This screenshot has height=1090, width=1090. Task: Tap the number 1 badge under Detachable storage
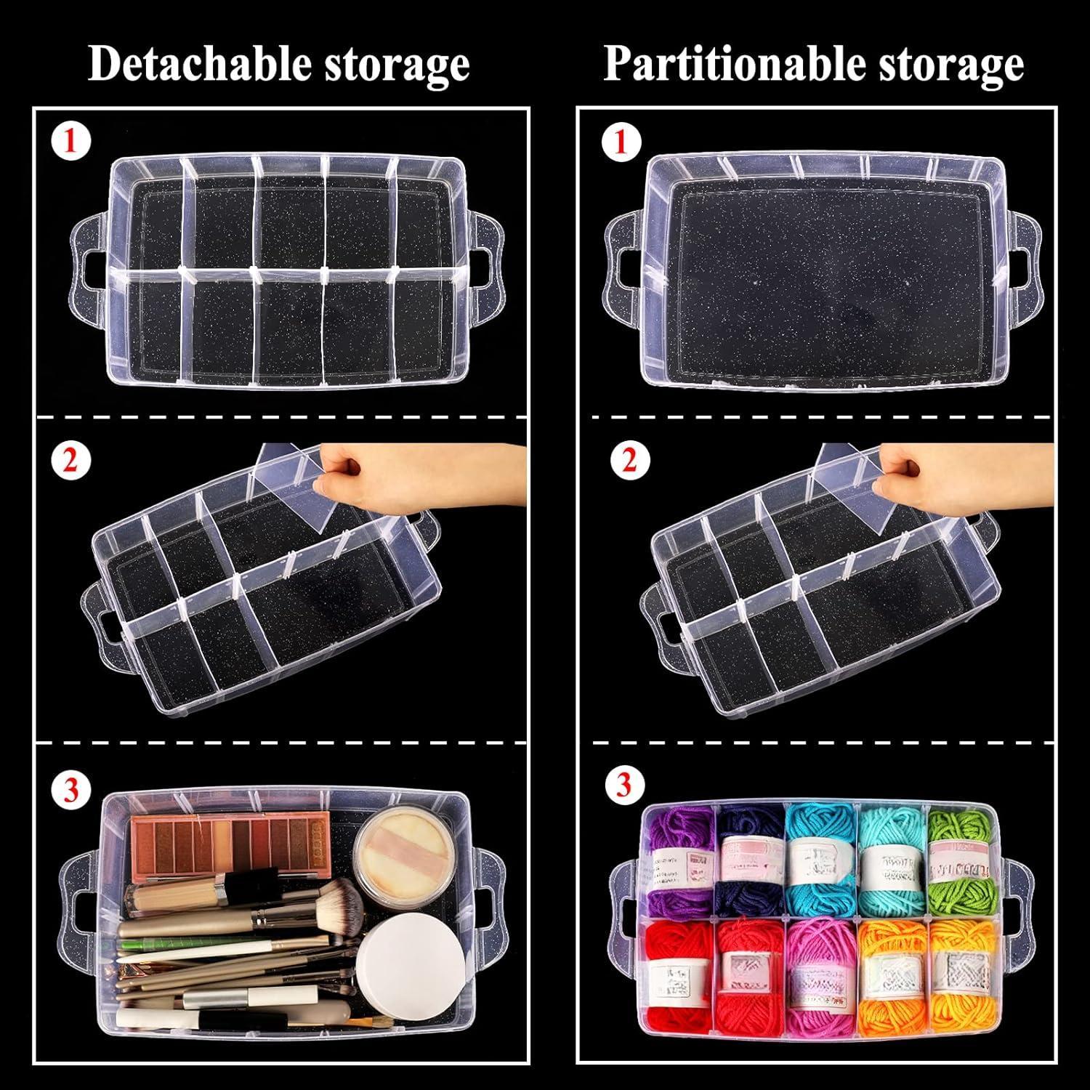click(x=70, y=142)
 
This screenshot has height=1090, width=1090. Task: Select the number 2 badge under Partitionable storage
click(x=628, y=460)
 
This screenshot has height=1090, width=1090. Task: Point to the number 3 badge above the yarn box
click(x=623, y=785)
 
